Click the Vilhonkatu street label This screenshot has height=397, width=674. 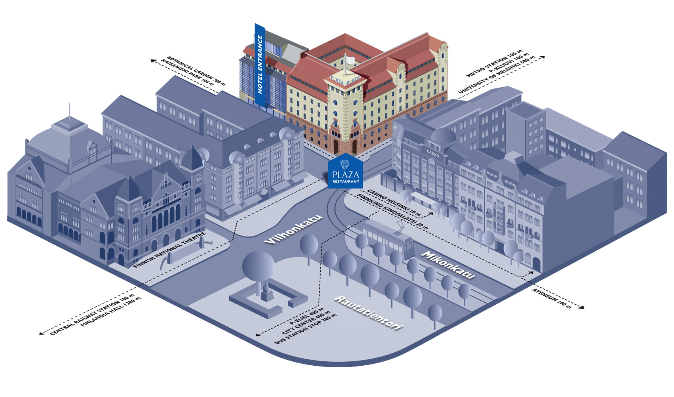(x=293, y=229)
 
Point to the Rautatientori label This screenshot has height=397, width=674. (x=369, y=313)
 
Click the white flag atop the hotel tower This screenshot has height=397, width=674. (x=350, y=60)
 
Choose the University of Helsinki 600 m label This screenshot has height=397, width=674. (x=497, y=76)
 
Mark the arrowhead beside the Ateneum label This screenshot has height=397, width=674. (x=582, y=307)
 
